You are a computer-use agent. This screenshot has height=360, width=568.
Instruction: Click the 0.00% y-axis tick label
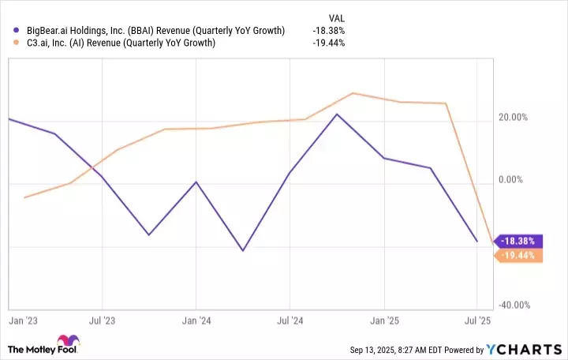514,180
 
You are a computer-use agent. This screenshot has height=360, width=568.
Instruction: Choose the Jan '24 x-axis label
196,321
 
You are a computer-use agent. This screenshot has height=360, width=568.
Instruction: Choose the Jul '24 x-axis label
290,321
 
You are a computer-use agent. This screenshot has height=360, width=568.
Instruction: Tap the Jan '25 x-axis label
384,321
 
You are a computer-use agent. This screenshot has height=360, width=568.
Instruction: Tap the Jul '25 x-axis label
478,321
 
